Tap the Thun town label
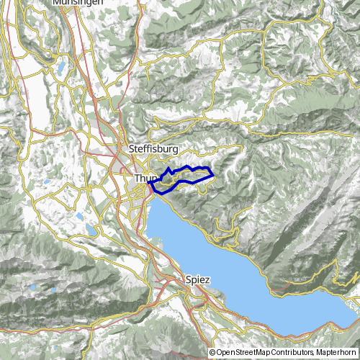click(x=144, y=176)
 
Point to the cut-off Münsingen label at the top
click(x=77, y=3)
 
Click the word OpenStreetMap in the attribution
click(x=247, y=353)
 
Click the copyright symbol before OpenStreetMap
click(x=212, y=353)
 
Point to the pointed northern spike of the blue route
click(x=168, y=168)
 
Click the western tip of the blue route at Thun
click(x=149, y=184)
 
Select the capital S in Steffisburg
click(x=131, y=148)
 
